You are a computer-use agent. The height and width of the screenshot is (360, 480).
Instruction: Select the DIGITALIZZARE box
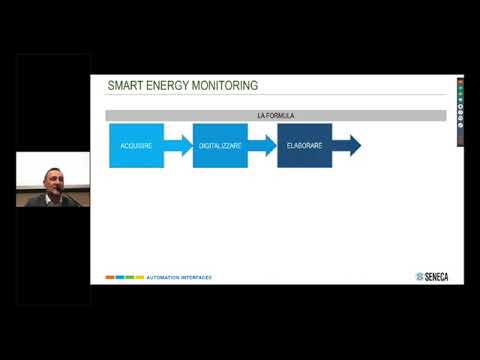pyautogui.click(x=219, y=146)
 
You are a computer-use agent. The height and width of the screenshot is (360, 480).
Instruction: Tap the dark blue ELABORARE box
pyautogui.click(x=304, y=146)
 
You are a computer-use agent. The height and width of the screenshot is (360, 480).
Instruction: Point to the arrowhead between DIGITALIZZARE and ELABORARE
pyautogui.click(x=270, y=146)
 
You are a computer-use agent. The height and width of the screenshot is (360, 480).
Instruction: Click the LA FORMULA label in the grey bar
pyautogui.click(x=275, y=116)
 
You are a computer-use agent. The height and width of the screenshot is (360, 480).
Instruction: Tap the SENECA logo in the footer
pyautogui.click(x=433, y=277)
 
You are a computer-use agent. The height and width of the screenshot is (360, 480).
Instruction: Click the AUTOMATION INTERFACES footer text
pyautogui.click(x=179, y=277)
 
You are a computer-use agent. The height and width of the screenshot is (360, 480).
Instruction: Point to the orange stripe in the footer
pyautogui.click(x=110, y=277)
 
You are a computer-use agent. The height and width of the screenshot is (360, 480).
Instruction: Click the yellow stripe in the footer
pyautogui.click(x=139, y=277)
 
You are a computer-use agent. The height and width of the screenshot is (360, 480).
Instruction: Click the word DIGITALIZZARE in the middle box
pyautogui.click(x=219, y=146)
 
